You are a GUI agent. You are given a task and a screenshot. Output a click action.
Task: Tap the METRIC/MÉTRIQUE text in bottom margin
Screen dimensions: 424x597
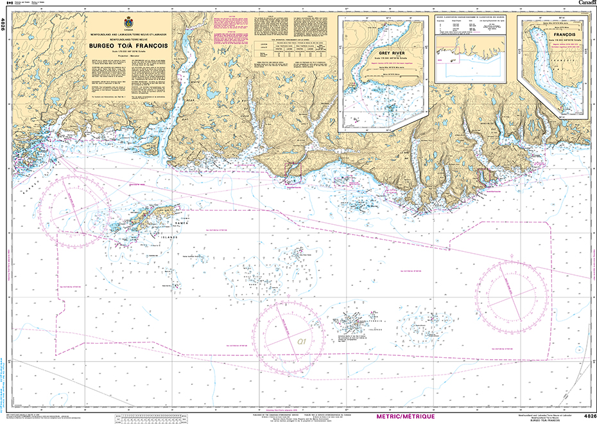pyautogui.click(x=407, y=416)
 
